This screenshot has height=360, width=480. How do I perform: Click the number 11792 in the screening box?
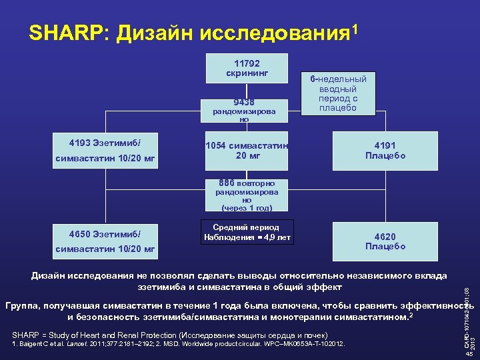pos(247,63)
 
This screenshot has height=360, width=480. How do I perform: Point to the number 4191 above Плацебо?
pos(385,146)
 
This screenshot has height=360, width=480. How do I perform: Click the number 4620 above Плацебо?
pos(385,236)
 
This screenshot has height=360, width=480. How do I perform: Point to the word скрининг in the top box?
pos(247,73)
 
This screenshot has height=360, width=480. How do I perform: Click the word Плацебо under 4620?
pos(385,246)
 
